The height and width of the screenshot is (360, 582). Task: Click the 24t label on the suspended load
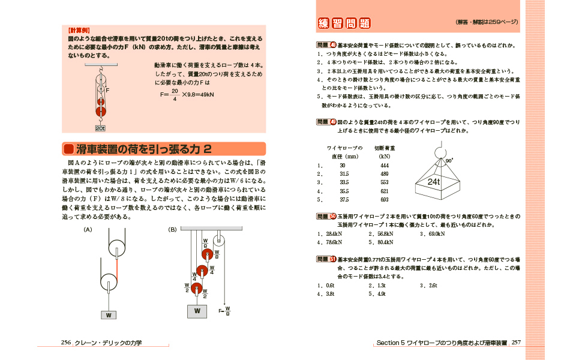tap(434, 181)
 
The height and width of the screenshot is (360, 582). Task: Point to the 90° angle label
tap(449, 161)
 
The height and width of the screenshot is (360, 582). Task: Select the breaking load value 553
tap(385, 182)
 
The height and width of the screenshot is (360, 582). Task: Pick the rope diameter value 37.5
tap(344, 200)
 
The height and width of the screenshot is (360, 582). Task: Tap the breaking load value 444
tap(385, 165)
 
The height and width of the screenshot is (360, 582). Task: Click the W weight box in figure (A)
tap(109, 314)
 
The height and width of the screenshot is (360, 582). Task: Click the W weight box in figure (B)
tap(197, 311)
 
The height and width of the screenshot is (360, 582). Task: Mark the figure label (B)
tap(172, 229)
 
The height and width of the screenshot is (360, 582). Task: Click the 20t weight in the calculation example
tap(100, 128)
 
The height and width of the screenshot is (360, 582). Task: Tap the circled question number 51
tap(333, 259)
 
